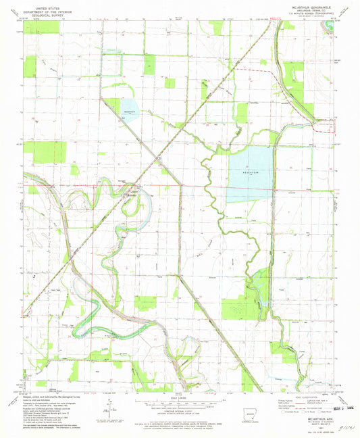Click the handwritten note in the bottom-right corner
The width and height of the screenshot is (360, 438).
(344, 427)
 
